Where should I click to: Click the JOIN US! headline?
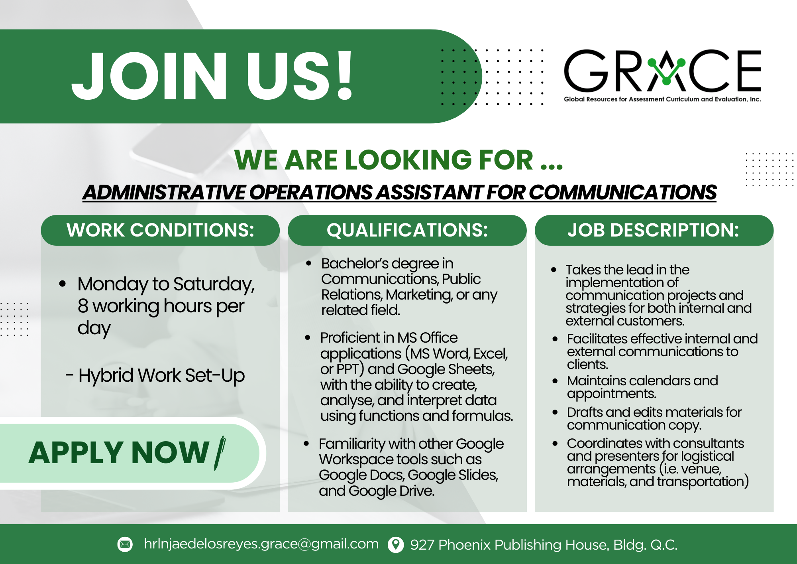(x=212, y=76)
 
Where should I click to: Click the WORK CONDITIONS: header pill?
(x=160, y=230)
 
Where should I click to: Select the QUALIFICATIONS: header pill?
(x=407, y=230)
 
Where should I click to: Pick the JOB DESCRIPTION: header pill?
(x=654, y=230)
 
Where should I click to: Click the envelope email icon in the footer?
(x=125, y=544)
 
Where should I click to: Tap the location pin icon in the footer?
(x=396, y=544)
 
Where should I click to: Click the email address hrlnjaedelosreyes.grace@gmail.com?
(x=261, y=544)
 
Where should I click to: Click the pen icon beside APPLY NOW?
(x=220, y=453)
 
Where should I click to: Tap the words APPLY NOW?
(x=119, y=453)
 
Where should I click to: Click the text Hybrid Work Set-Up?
(x=161, y=376)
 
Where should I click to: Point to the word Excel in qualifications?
(x=491, y=354)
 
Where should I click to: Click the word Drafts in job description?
(x=585, y=412)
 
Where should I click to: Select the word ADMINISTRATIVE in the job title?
(x=164, y=192)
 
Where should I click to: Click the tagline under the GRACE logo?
(x=662, y=99)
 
